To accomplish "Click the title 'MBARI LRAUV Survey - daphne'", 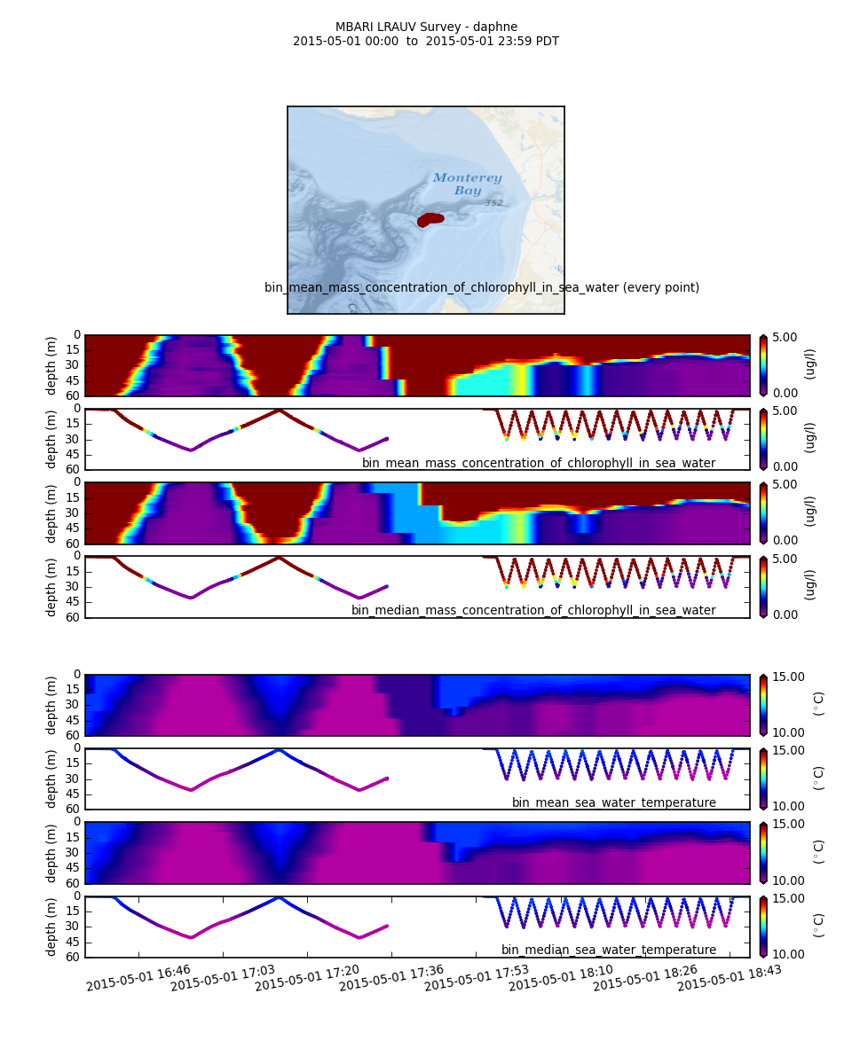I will (426, 27).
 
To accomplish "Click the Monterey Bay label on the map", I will (467, 184).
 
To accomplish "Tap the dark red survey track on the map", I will (430, 219).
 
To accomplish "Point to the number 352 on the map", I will (493, 203).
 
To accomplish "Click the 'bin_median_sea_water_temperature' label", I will (608, 950).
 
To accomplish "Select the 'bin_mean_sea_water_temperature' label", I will (613, 802).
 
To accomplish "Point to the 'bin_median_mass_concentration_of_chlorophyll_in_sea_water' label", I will (532, 610).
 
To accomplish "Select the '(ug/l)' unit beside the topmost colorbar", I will (810, 364).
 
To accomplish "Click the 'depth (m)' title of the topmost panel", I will (52, 364).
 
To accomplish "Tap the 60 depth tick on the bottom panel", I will (74, 957).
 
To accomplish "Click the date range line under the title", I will (426, 41).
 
